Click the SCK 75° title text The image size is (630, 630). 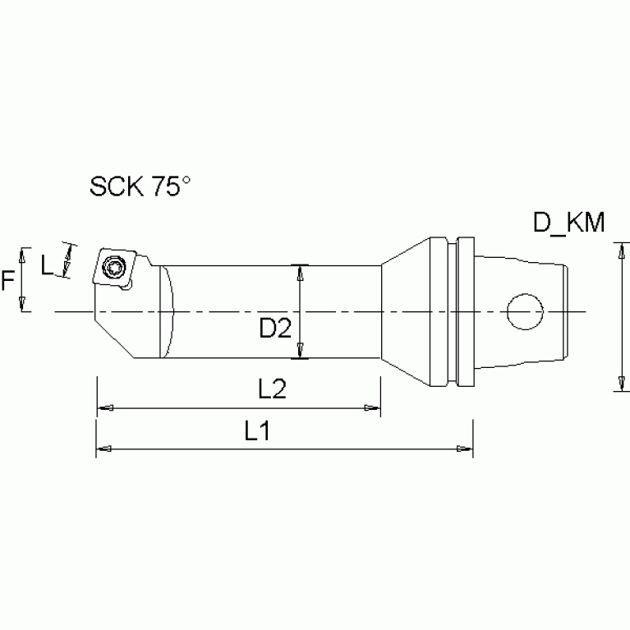point(139,188)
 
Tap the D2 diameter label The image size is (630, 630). point(276,329)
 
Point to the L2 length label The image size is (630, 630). point(271,390)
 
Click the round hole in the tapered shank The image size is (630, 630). point(524,312)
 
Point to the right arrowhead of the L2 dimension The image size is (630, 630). point(374,407)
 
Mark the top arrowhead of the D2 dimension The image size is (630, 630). point(301,271)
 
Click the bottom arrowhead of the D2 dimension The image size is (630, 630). point(301,353)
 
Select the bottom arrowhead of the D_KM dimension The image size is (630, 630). point(618,386)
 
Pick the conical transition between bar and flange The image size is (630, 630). point(405,312)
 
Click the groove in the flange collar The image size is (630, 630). point(454,312)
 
